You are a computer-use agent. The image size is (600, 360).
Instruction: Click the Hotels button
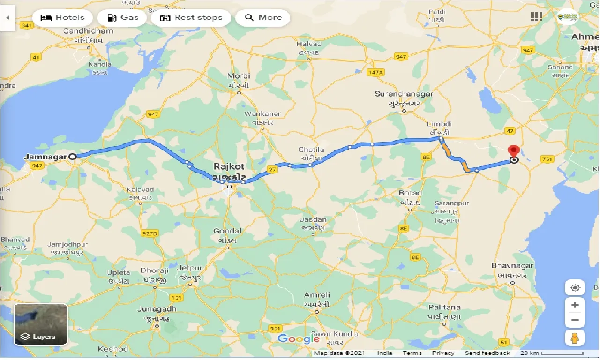[x=62, y=18]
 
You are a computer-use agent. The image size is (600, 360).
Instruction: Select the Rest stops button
[x=191, y=18]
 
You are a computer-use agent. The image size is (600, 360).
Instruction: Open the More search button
[x=263, y=18]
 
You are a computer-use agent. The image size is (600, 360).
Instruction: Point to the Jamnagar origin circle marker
[x=73, y=157]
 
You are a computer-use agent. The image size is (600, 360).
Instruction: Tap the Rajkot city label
[x=229, y=167]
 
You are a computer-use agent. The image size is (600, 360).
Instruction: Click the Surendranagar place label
[x=404, y=94]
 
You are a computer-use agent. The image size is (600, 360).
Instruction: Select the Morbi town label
[x=239, y=76]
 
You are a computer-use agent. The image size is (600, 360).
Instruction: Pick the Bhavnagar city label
[x=513, y=266]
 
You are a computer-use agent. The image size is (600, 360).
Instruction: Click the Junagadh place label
[x=157, y=309]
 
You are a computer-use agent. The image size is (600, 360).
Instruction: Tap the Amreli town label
[x=317, y=295]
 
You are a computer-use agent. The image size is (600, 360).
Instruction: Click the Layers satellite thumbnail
[x=41, y=324]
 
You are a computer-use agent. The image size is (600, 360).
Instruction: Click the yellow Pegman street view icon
[x=575, y=338]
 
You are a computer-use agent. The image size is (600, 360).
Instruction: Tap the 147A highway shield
[x=375, y=72]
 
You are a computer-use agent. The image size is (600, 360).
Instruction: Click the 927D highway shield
[x=150, y=233]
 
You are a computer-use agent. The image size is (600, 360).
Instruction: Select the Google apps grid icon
[x=536, y=17]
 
